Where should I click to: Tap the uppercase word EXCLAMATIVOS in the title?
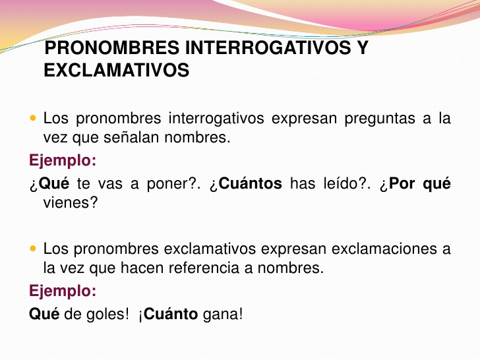(x=117, y=71)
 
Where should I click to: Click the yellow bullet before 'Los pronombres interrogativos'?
(x=34, y=119)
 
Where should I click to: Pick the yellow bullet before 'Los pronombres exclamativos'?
(x=34, y=249)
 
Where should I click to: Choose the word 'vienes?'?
(x=71, y=202)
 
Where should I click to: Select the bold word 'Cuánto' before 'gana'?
(x=170, y=315)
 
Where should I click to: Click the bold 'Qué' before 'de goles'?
(x=44, y=315)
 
